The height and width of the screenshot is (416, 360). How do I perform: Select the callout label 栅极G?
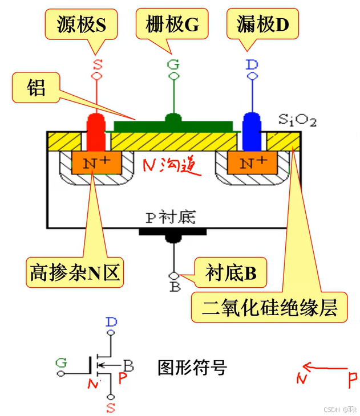pyautogui.click(x=172, y=23)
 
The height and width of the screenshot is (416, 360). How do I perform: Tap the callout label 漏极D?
pyautogui.click(x=262, y=23)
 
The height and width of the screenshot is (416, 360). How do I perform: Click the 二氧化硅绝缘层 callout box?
pyautogui.click(x=270, y=308)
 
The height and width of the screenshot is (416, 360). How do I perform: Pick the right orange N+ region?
pyautogui.click(x=251, y=164)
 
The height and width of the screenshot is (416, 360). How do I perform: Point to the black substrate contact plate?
pyautogui.click(x=173, y=233)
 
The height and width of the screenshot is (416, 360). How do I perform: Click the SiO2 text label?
pyautogui.click(x=297, y=120)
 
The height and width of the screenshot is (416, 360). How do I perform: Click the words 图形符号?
pyautogui.click(x=192, y=368)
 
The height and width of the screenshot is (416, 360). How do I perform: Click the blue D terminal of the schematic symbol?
pyautogui.click(x=111, y=323)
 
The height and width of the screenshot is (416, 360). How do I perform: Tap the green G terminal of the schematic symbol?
pyautogui.click(x=60, y=362)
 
